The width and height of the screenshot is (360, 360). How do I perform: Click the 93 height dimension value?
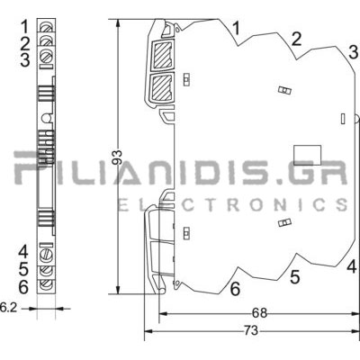117,157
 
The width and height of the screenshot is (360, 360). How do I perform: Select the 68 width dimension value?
259,313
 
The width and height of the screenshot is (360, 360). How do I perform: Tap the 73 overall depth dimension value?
250,331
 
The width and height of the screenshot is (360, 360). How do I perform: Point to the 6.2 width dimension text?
8,308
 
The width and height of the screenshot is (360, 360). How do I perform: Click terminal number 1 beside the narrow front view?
25,26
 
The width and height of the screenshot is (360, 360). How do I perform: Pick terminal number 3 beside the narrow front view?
25,59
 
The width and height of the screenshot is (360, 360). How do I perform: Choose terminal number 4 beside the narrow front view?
23,251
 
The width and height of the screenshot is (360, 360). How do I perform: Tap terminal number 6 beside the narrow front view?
23,287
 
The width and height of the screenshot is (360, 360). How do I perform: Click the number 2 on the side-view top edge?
296,39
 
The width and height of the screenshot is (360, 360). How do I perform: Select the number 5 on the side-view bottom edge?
295,277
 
